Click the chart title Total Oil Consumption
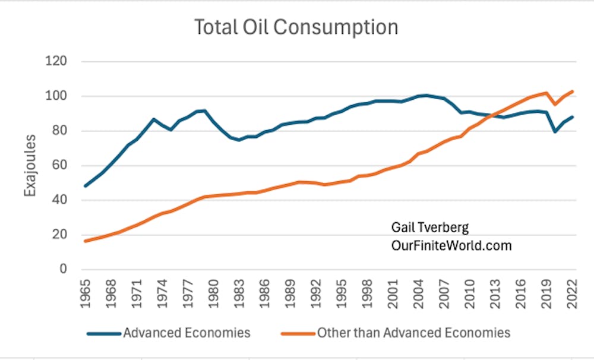[x=296, y=27]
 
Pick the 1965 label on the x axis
[x=87, y=295]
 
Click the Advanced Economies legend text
[x=187, y=333]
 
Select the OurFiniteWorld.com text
[x=451, y=245]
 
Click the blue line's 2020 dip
[x=555, y=131]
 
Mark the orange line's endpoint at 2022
[x=572, y=91]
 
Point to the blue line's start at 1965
[x=86, y=186]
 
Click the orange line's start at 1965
[x=86, y=241]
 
